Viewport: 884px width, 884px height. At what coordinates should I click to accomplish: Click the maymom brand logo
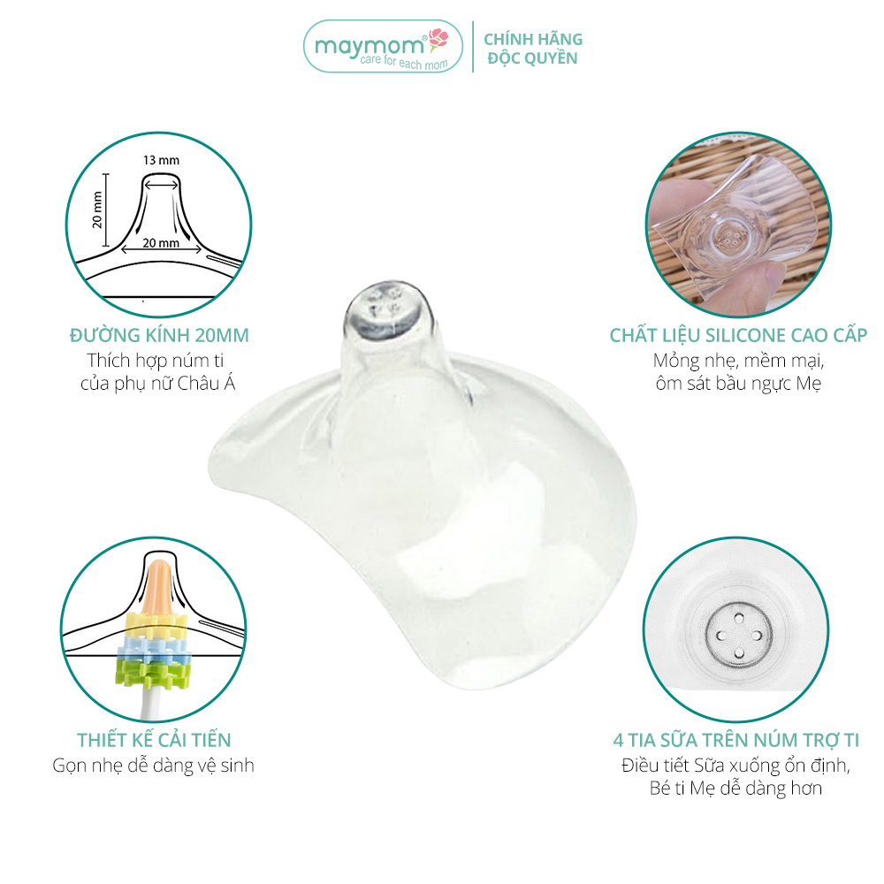(x=383, y=47)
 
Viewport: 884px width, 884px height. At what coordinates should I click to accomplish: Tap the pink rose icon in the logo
(x=438, y=40)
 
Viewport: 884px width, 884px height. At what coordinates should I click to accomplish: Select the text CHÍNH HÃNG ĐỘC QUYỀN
(x=533, y=49)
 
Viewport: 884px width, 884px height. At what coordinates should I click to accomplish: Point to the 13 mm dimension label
(x=161, y=160)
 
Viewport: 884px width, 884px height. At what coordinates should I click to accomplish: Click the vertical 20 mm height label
(x=97, y=210)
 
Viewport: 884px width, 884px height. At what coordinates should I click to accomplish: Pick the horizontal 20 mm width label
(x=161, y=243)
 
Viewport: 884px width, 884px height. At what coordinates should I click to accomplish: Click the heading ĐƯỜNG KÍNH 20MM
(x=159, y=335)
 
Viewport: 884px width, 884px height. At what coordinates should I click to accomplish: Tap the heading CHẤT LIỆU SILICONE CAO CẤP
(x=738, y=335)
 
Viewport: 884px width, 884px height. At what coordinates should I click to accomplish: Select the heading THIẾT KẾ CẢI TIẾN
(x=154, y=740)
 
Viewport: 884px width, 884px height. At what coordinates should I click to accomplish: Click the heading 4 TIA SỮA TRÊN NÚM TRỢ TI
(x=736, y=740)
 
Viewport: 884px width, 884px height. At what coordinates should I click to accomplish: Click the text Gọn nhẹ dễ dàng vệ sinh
(x=153, y=766)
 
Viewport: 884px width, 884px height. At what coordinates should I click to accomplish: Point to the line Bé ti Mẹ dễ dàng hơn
(x=735, y=789)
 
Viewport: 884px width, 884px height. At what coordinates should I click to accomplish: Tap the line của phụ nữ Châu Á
(x=158, y=384)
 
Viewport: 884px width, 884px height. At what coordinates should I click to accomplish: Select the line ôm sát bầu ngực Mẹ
(x=738, y=384)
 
